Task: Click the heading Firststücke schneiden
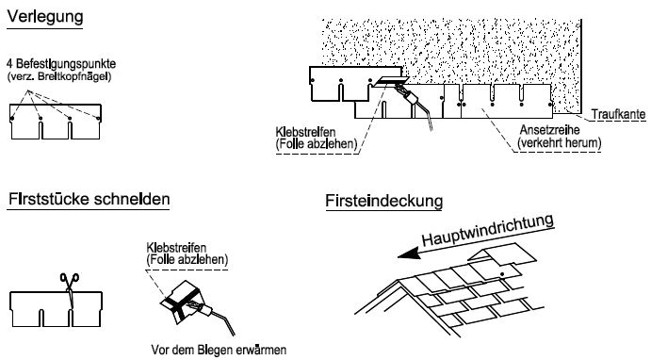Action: coord(89,200)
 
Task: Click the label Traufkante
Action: coord(619,113)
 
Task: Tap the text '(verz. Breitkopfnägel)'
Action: coord(57,74)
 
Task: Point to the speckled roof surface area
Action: coord(452,47)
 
